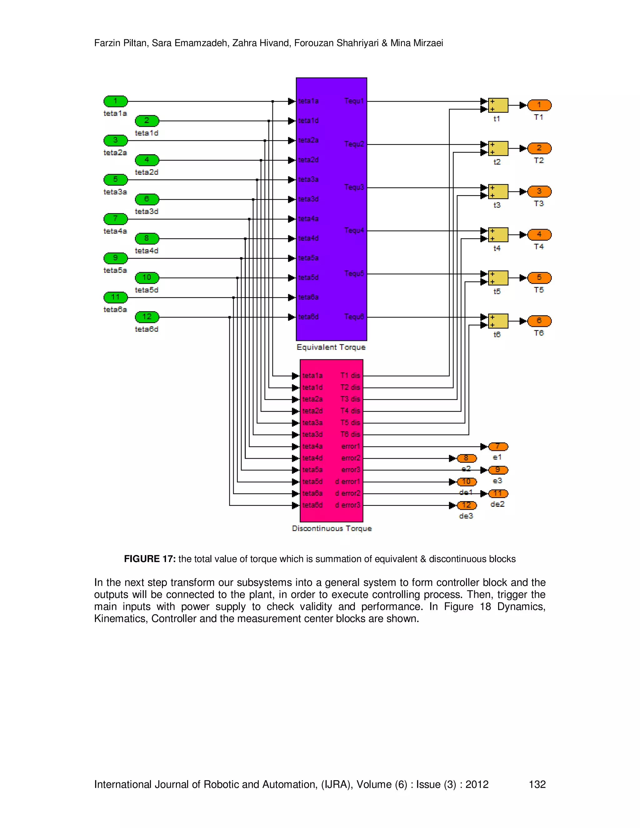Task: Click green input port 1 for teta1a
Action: tap(116, 101)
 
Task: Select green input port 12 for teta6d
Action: tap(147, 317)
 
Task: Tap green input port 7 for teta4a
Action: tap(116, 219)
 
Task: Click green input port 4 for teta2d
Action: tap(147, 160)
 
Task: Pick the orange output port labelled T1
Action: tap(539, 105)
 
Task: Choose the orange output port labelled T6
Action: tap(539, 321)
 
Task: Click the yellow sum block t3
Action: tap(498, 192)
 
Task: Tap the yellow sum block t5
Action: tap(498, 278)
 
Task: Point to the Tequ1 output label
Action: tap(354, 101)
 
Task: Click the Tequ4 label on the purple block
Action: tap(354, 231)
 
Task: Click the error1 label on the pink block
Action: tap(350, 446)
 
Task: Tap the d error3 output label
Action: tap(347, 505)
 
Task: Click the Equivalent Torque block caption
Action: tap(331, 347)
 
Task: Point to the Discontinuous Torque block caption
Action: tap(332, 528)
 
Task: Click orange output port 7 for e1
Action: tap(498, 446)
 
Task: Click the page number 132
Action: tap(537, 784)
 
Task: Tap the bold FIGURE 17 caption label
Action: tap(149, 559)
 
